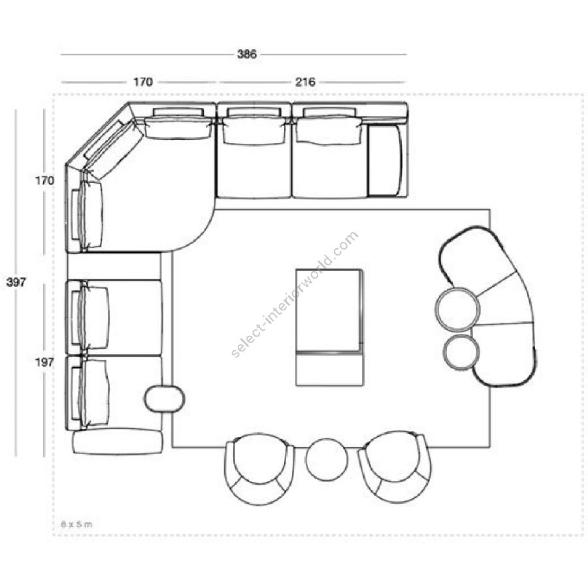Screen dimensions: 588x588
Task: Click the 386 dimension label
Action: pyautogui.click(x=247, y=54)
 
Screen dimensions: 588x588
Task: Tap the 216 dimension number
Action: pyautogui.click(x=305, y=82)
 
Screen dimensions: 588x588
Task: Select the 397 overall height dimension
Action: pyautogui.click(x=16, y=282)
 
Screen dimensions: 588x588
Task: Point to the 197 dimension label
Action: pyautogui.click(x=44, y=362)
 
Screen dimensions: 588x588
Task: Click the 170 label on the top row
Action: pyautogui.click(x=143, y=82)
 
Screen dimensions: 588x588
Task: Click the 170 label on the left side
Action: pyautogui.click(x=44, y=180)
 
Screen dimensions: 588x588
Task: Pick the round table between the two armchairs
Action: pyautogui.click(x=327, y=460)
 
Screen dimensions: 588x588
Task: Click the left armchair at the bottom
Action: pyautogui.click(x=259, y=468)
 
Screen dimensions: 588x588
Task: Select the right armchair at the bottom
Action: pyautogui.click(x=395, y=467)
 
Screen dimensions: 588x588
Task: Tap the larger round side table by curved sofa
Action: pyautogui.click(x=457, y=310)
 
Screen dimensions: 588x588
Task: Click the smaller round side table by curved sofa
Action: pyautogui.click(x=461, y=353)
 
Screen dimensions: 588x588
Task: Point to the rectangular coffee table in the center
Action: pyautogui.click(x=330, y=327)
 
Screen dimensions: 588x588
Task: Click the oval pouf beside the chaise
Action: pyautogui.click(x=165, y=399)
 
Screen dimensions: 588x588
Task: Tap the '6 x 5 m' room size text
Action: pyautogui.click(x=76, y=524)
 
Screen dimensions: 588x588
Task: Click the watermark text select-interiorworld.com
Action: pyautogui.click(x=295, y=295)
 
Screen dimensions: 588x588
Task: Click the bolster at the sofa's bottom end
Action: pyautogui.click(x=118, y=442)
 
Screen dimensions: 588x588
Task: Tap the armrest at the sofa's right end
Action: pyautogui.click(x=385, y=161)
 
